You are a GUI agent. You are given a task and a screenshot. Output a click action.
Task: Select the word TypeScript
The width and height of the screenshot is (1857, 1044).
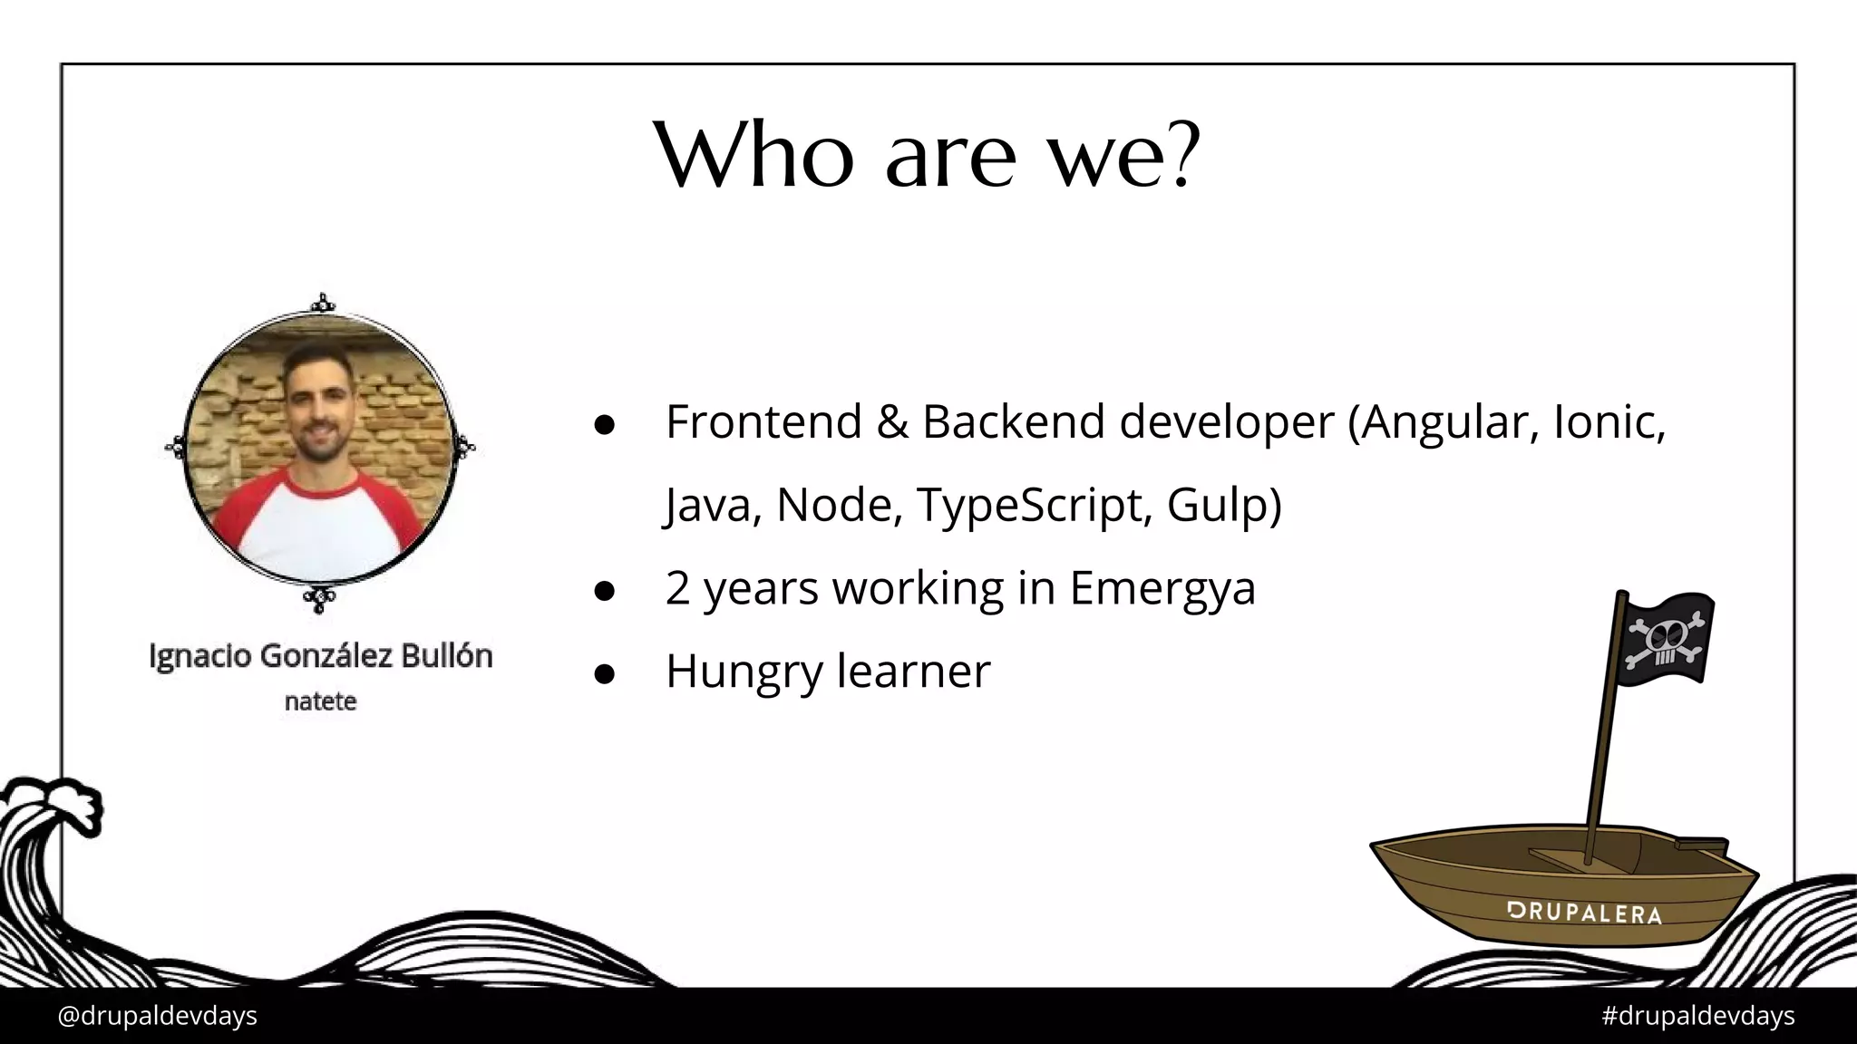[1033, 505]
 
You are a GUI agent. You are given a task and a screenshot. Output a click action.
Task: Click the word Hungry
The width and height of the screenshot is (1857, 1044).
[742, 672]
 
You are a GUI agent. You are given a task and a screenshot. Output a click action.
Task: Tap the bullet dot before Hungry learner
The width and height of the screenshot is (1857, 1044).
[605, 673]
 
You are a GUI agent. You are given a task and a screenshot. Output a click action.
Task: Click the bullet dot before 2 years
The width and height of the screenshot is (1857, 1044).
[605, 591]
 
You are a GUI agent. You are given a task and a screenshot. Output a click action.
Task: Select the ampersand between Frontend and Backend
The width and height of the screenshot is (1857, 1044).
[891, 422]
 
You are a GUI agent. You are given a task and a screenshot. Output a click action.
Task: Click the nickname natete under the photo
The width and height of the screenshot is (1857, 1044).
[320, 701]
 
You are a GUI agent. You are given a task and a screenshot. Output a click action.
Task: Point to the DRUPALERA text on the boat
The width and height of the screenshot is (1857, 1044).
[1583, 913]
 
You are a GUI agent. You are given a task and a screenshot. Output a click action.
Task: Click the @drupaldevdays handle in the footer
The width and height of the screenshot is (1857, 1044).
[157, 1016]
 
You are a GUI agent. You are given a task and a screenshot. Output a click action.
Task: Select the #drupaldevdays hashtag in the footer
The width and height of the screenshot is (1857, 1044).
[1697, 1016]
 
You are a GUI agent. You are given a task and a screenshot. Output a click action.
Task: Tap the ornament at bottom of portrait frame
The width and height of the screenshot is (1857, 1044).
[319, 598]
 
